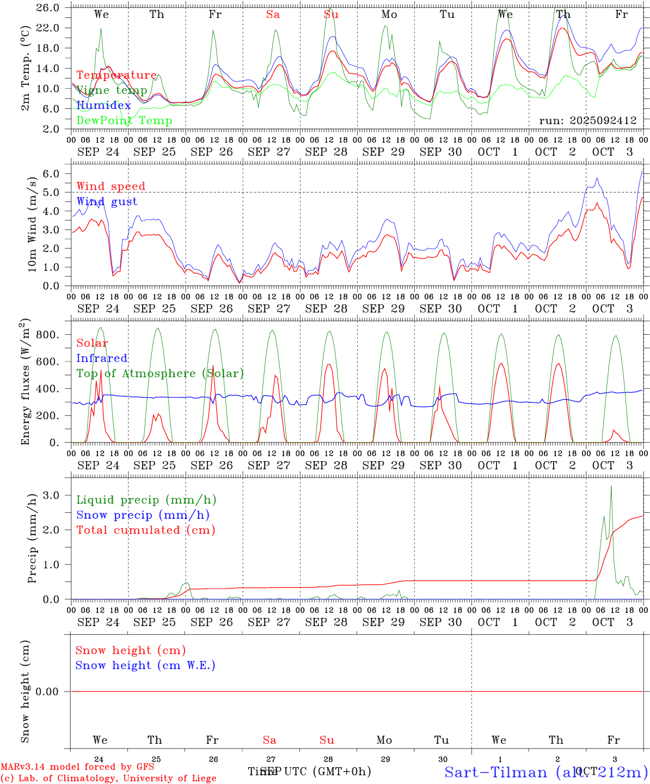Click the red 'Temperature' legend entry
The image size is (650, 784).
(x=116, y=75)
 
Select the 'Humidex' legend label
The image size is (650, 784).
(x=103, y=105)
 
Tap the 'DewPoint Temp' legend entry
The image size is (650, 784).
(x=124, y=120)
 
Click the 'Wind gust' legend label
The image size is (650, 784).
(x=107, y=201)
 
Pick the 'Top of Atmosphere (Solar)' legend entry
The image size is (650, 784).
(x=160, y=373)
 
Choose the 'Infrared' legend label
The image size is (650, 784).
(x=102, y=358)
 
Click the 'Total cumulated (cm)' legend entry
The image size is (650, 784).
(x=146, y=530)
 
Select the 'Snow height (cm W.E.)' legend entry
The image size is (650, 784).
(x=145, y=665)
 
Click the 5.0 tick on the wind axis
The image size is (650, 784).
(x=53, y=192)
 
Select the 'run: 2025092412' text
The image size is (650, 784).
(x=587, y=120)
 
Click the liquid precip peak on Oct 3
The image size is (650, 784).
(x=611, y=486)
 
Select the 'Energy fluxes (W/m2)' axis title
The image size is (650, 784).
(x=25, y=383)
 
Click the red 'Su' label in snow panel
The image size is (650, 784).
(x=327, y=740)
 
